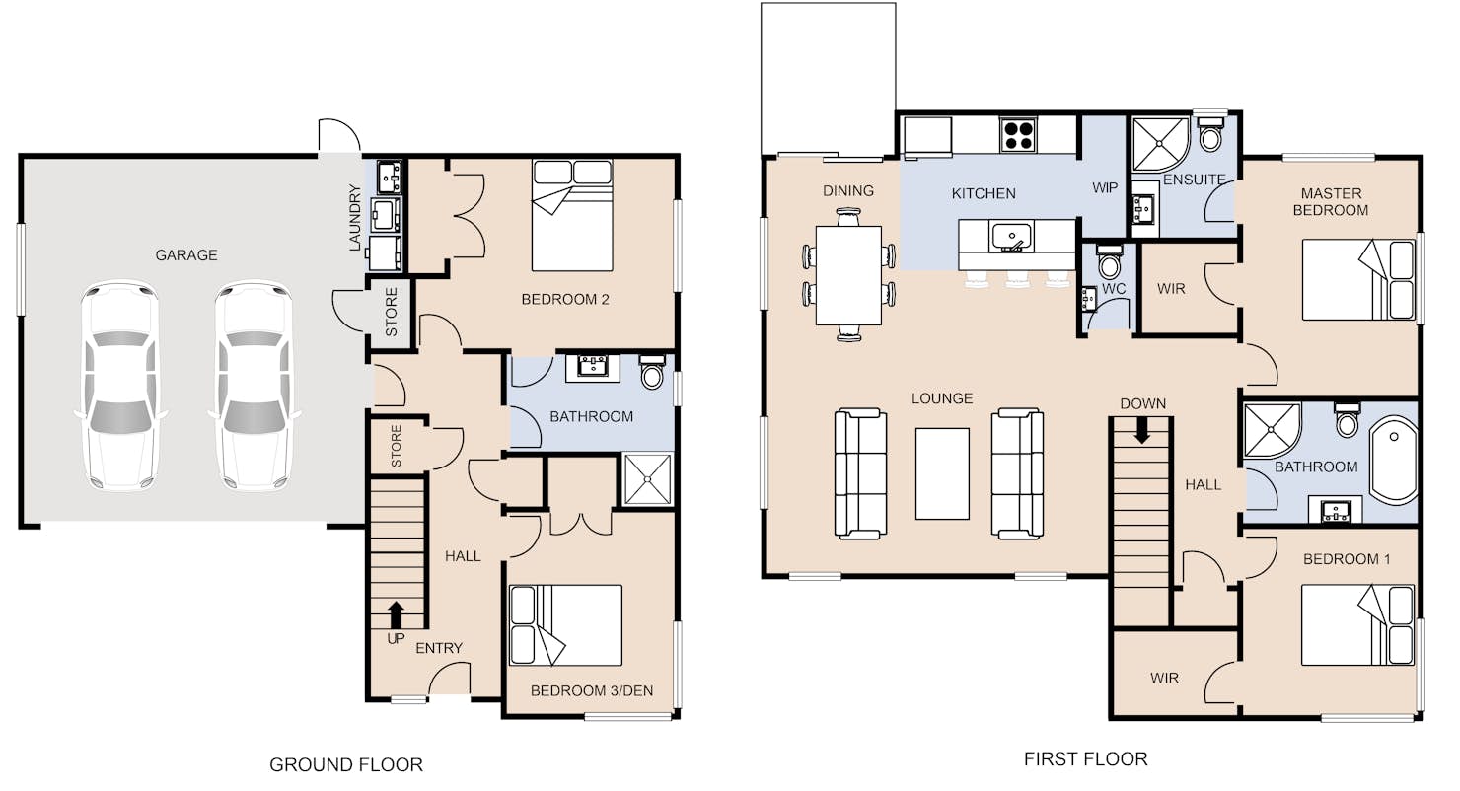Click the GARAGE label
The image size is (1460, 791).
click(x=185, y=254)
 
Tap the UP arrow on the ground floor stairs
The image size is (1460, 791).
click(x=396, y=615)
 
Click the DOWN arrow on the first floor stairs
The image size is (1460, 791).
click(x=1142, y=430)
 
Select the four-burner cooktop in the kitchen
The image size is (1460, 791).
click(x=1018, y=135)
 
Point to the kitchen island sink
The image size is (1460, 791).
click(x=1011, y=237)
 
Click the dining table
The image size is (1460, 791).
click(x=848, y=275)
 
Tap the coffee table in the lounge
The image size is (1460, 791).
click(x=942, y=473)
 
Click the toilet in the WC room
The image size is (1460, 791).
click(x=1109, y=262)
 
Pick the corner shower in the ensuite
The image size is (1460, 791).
click(x=1161, y=144)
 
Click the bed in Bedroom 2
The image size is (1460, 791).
click(x=572, y=215)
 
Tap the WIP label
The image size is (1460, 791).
click(x=1105, y=188)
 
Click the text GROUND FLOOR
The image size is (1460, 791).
click(x=346, y=764)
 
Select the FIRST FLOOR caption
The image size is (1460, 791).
click(x=1086, y=759)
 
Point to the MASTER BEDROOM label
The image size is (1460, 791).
click(x=1331, y=202)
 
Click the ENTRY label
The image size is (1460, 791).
click(x=439, y=648)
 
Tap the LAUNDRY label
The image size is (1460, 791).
click(x=354, y=218)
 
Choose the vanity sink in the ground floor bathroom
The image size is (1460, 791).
click(x=593, y=368)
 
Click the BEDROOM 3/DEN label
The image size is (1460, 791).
click(x=592, y=690)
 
